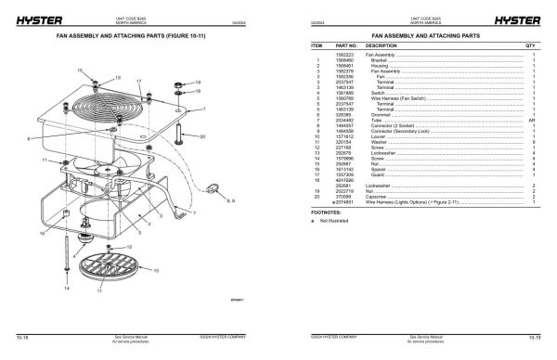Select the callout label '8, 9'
click(x=231, y=199)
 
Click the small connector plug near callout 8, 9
click(x=216, y=191)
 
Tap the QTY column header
click(x=531, y=45)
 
